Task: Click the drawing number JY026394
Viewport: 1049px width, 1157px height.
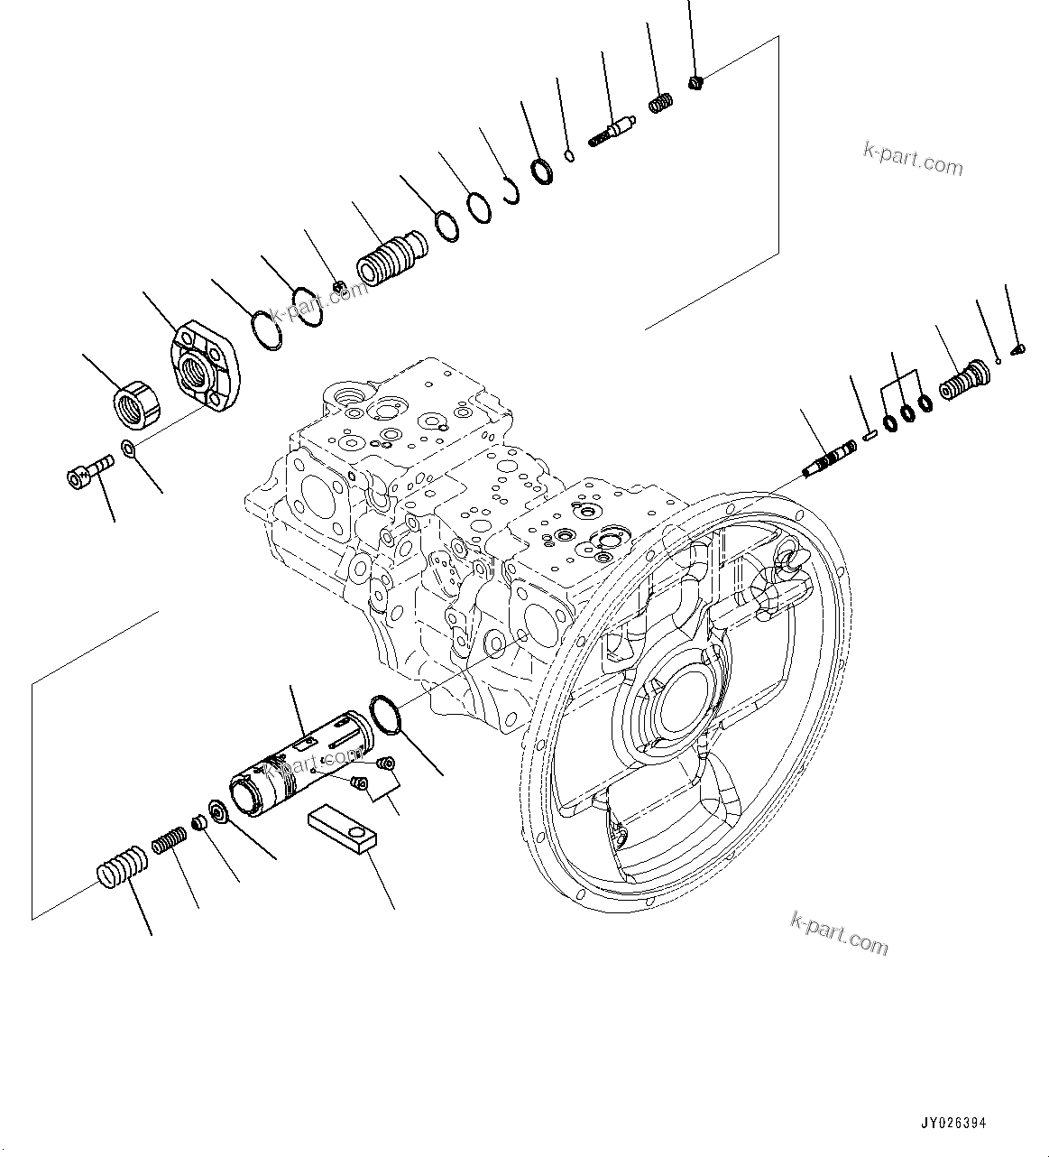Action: coord(953,1124)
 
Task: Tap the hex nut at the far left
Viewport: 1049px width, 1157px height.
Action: coord(138,403)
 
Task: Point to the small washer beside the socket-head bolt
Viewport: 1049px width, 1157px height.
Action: coord(130,449)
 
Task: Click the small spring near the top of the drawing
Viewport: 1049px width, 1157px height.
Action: coord(660,104)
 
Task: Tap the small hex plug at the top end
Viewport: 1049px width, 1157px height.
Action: coord(695,84)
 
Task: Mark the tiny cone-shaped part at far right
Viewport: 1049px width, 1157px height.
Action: coord(1017,347)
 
